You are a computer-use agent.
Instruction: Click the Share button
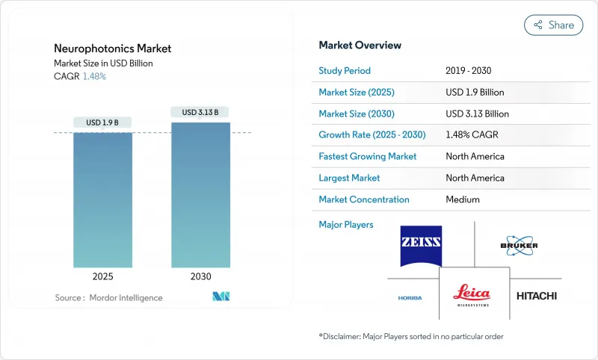pyautogui.click(x=554, y=25)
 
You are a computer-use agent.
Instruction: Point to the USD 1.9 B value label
pyautogui.click(x=102, y=122)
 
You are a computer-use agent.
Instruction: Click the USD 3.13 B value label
pyautogui.click(x=200, y=112)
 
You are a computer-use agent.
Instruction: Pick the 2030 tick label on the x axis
pyautogui.click(x=200, y=276)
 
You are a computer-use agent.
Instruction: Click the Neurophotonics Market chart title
pyautogui.click(x=112, y=49)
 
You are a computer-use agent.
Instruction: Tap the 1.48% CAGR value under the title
pyautogui.click(x=93, y=76)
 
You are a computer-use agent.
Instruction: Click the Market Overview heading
pyautogui.click(x=360, y=46)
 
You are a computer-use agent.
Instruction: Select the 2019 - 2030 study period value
pyautogui.click(x=468, y=71)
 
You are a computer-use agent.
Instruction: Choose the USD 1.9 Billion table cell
pyautogui.click(x=474, y=93)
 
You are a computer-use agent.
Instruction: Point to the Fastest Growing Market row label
pyautogui.click(x=367, y=157)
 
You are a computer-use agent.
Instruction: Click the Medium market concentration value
pyautogui.click(x=462, y=199)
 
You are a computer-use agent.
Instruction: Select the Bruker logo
pyautogui.click(x=519, y=246)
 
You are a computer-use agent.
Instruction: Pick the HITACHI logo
pyautogui.click(x=537, y=296)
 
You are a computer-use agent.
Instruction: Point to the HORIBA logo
pyautogui.click(x=410, y=298)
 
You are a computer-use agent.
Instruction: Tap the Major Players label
pyautogui.click(x=346, y=224)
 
